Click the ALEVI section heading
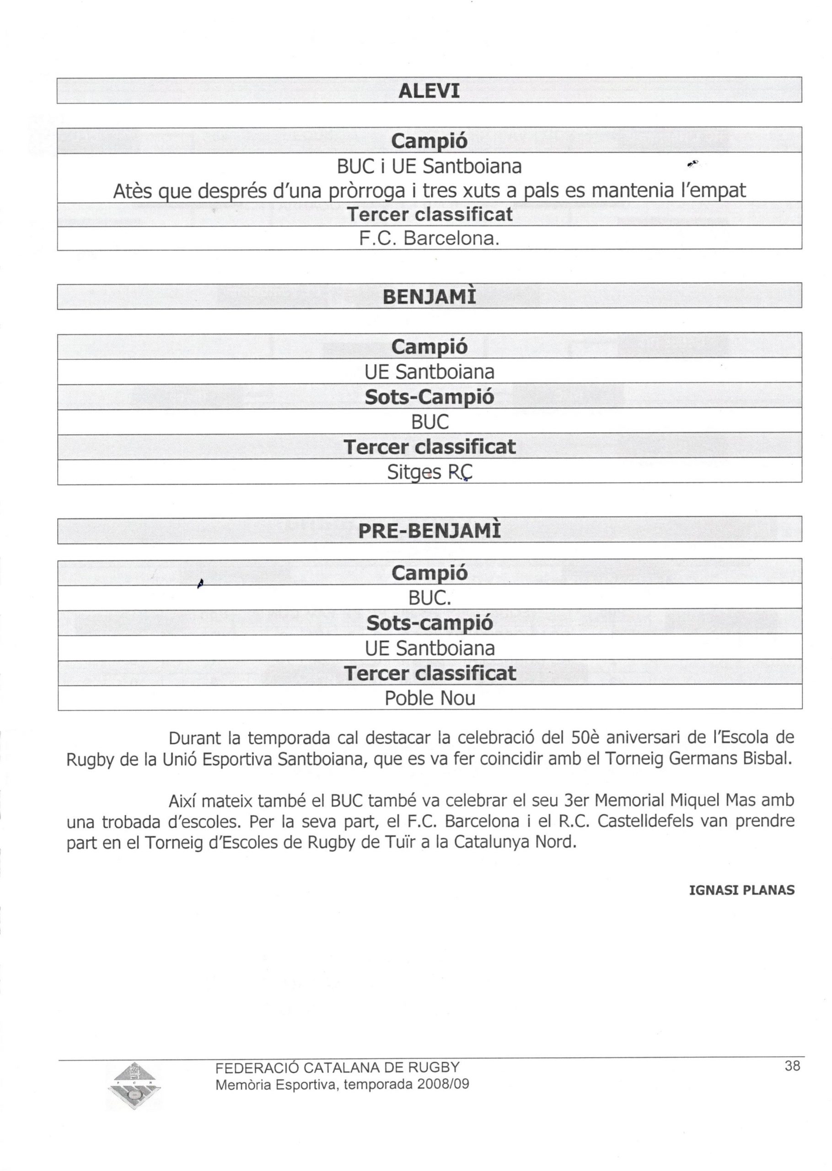(x=429, y=91)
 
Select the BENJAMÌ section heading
(x=429, y=296)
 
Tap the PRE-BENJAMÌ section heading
(x=429, y=531)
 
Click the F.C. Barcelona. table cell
(x=429, y=239)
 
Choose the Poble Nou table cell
(x=430, y=698)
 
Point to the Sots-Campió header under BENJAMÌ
(x=429, y=397)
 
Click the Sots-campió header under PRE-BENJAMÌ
(x=430, y=623)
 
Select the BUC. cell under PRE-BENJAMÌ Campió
(x=429, y=598)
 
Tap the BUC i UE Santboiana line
(x=429, y=167)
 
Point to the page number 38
(x=792, y=1066)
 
